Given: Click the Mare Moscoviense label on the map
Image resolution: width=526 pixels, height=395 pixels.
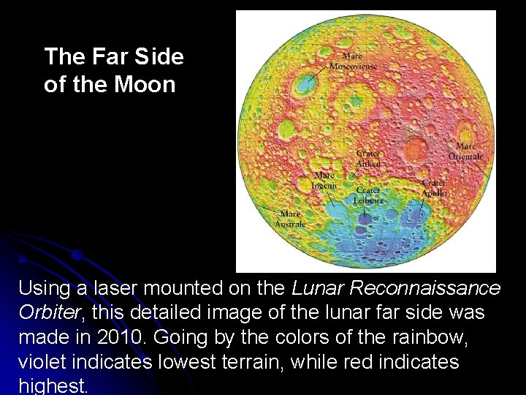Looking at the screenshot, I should (353, 61).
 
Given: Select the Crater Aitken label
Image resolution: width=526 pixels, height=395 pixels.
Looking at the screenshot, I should (368, 159).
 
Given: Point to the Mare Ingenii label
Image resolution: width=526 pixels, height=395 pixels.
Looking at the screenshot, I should (324, 181).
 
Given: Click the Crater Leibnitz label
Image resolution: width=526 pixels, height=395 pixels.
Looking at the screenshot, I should (368, 195).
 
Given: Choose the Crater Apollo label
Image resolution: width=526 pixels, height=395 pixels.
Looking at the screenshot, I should (433, 188).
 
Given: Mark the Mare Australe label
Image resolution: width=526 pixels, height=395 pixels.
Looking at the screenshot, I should (290, 219).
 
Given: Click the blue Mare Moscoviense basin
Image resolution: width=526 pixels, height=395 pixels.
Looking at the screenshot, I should (302, 84).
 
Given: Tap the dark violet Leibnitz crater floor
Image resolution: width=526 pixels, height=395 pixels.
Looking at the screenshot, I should (365, 217).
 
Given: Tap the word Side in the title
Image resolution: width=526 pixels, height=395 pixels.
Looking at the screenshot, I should (159, 56).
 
